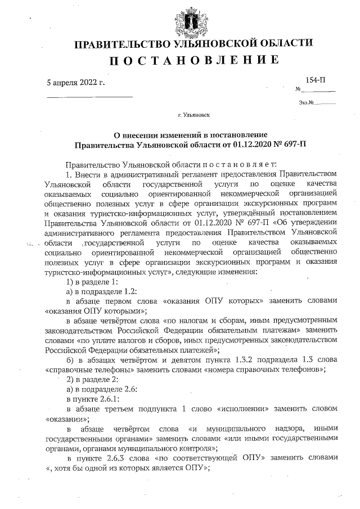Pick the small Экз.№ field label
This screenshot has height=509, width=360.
(x=307, y=102)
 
